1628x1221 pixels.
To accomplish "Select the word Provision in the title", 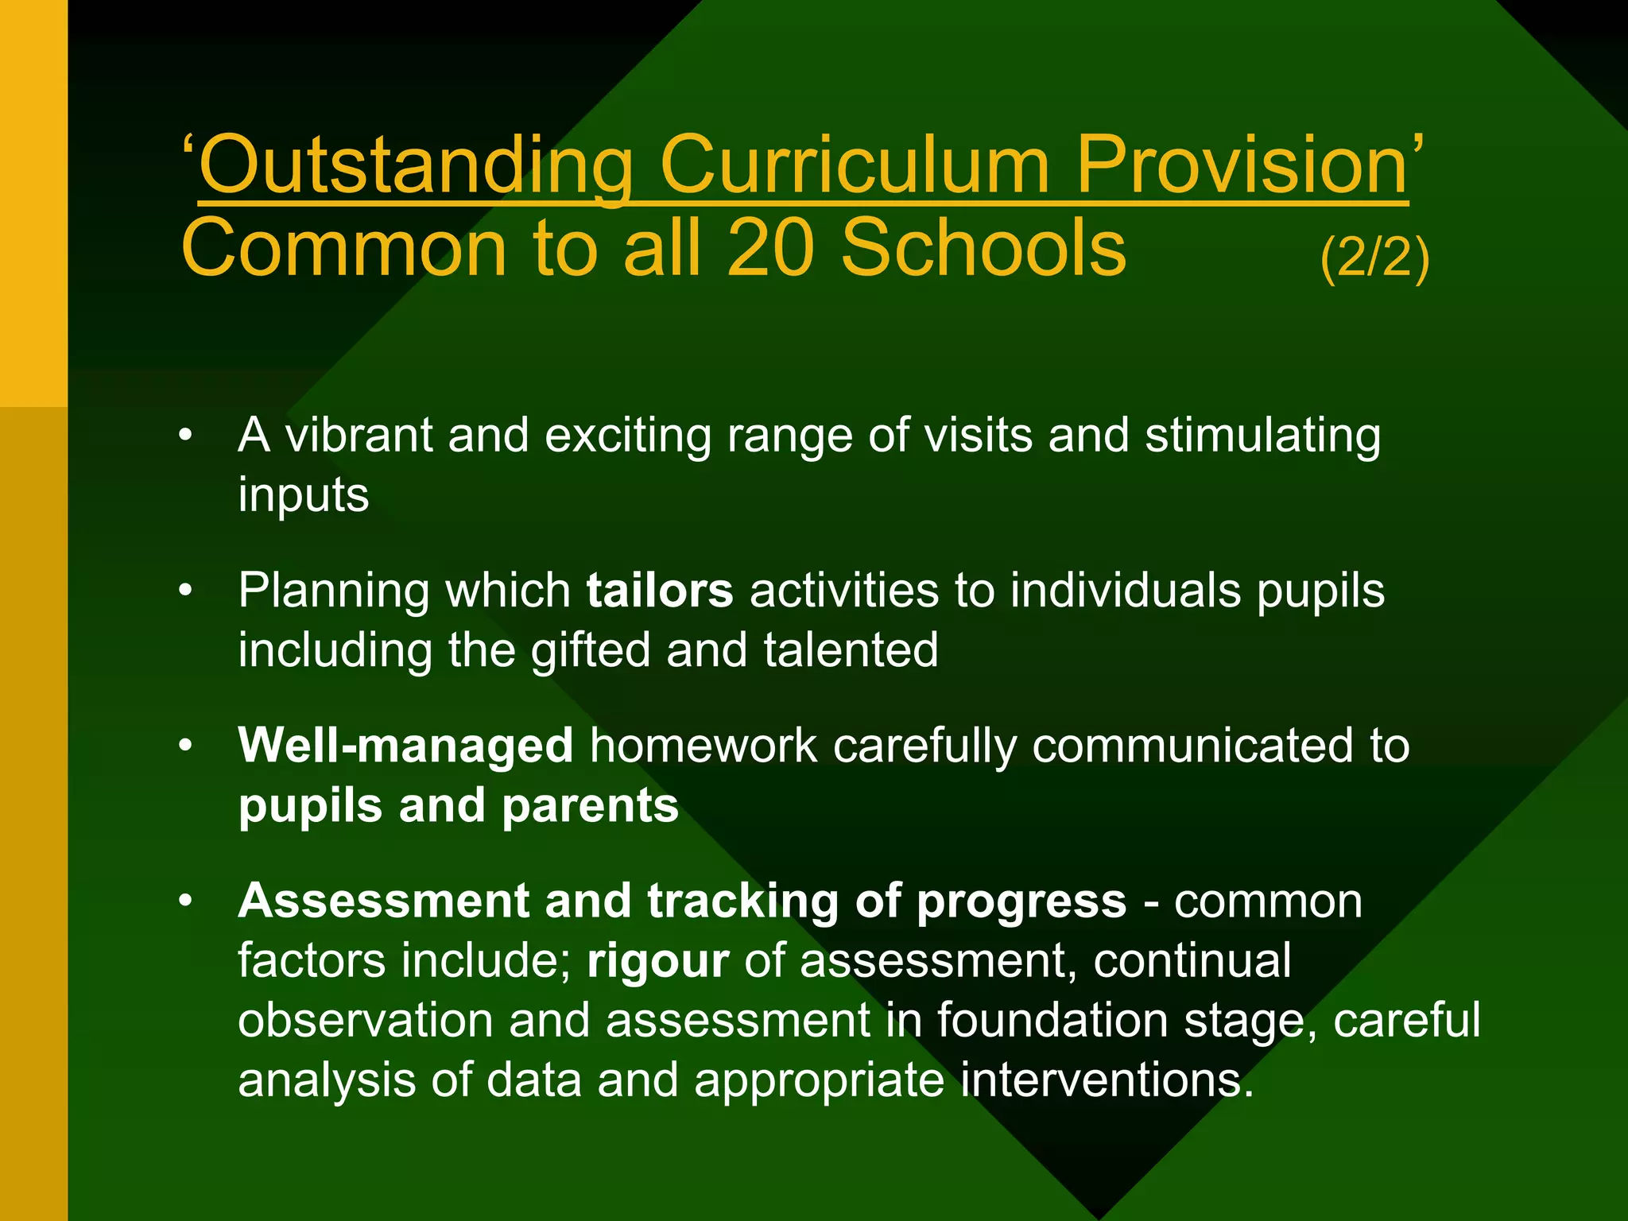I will (1241, 165).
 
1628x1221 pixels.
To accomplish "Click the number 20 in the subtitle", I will (770, 248).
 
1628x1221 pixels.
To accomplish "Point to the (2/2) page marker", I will (1374, 257).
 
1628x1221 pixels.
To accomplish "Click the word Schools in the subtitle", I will (983, 248).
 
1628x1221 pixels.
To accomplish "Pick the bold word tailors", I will (660, 591).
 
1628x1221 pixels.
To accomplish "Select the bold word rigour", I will (657, 960).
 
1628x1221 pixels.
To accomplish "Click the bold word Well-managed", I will (405, 746).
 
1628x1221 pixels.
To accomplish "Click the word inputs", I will (304, 495).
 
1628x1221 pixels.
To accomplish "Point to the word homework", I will (704, 746).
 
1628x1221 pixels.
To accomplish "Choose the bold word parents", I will (590, 805).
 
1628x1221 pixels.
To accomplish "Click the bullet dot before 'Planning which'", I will (186, 591).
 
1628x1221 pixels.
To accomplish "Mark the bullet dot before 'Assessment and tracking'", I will (186, 901).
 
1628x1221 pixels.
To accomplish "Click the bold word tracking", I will (742, 901).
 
